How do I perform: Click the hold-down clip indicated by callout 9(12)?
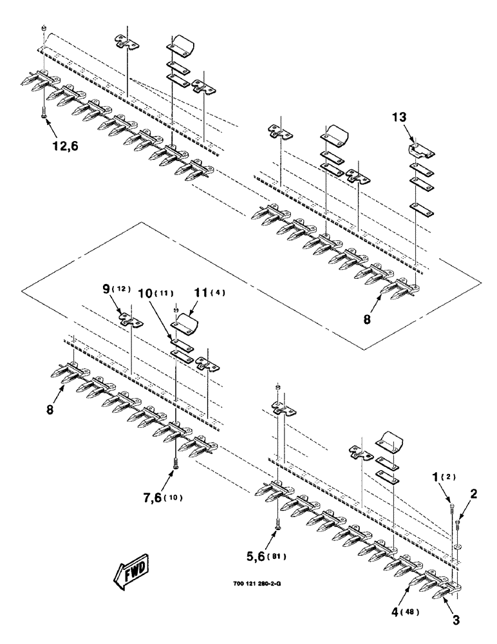pyautogui.click(x=131, y=317)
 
